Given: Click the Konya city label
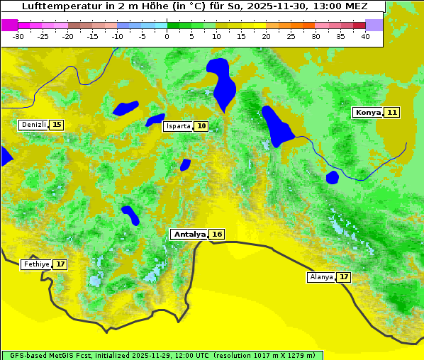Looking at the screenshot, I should pyautogui.click(x=368, y=113).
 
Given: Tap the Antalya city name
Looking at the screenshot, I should pyautogui.click(x=189, y=235).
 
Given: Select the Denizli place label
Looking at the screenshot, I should pyautogui.click(x=34, y=125).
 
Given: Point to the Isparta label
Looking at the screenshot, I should pyautogui.click(x=178, y=126).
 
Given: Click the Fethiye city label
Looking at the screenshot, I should pyautogui.click(x=36, y=264).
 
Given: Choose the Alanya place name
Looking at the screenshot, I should pyautogui.click(x=321, y=277).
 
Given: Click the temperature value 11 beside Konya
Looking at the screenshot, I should pyautogui.click(x=392, y=113).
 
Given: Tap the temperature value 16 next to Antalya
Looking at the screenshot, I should pyautogui.click(x=217, y=235).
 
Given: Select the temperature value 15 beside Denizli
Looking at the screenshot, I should pyautogui.click(x=57, y=125).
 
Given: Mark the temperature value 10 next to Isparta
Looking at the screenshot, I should pyautogui.click(x=202, y=126).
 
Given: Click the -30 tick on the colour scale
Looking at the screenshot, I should pyautogui.click(x=18, y=36).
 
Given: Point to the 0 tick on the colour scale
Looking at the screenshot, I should pyautogui.click(x=167, y=36).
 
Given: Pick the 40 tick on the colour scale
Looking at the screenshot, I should pyautogui.click(x=365, y=36).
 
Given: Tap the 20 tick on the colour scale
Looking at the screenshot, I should pyautogui.click(x=266, y=36).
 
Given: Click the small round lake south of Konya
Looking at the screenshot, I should pyautogui.click(x=333, y=177).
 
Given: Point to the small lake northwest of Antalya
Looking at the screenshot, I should pyautogui.click(x=130, y=214).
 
